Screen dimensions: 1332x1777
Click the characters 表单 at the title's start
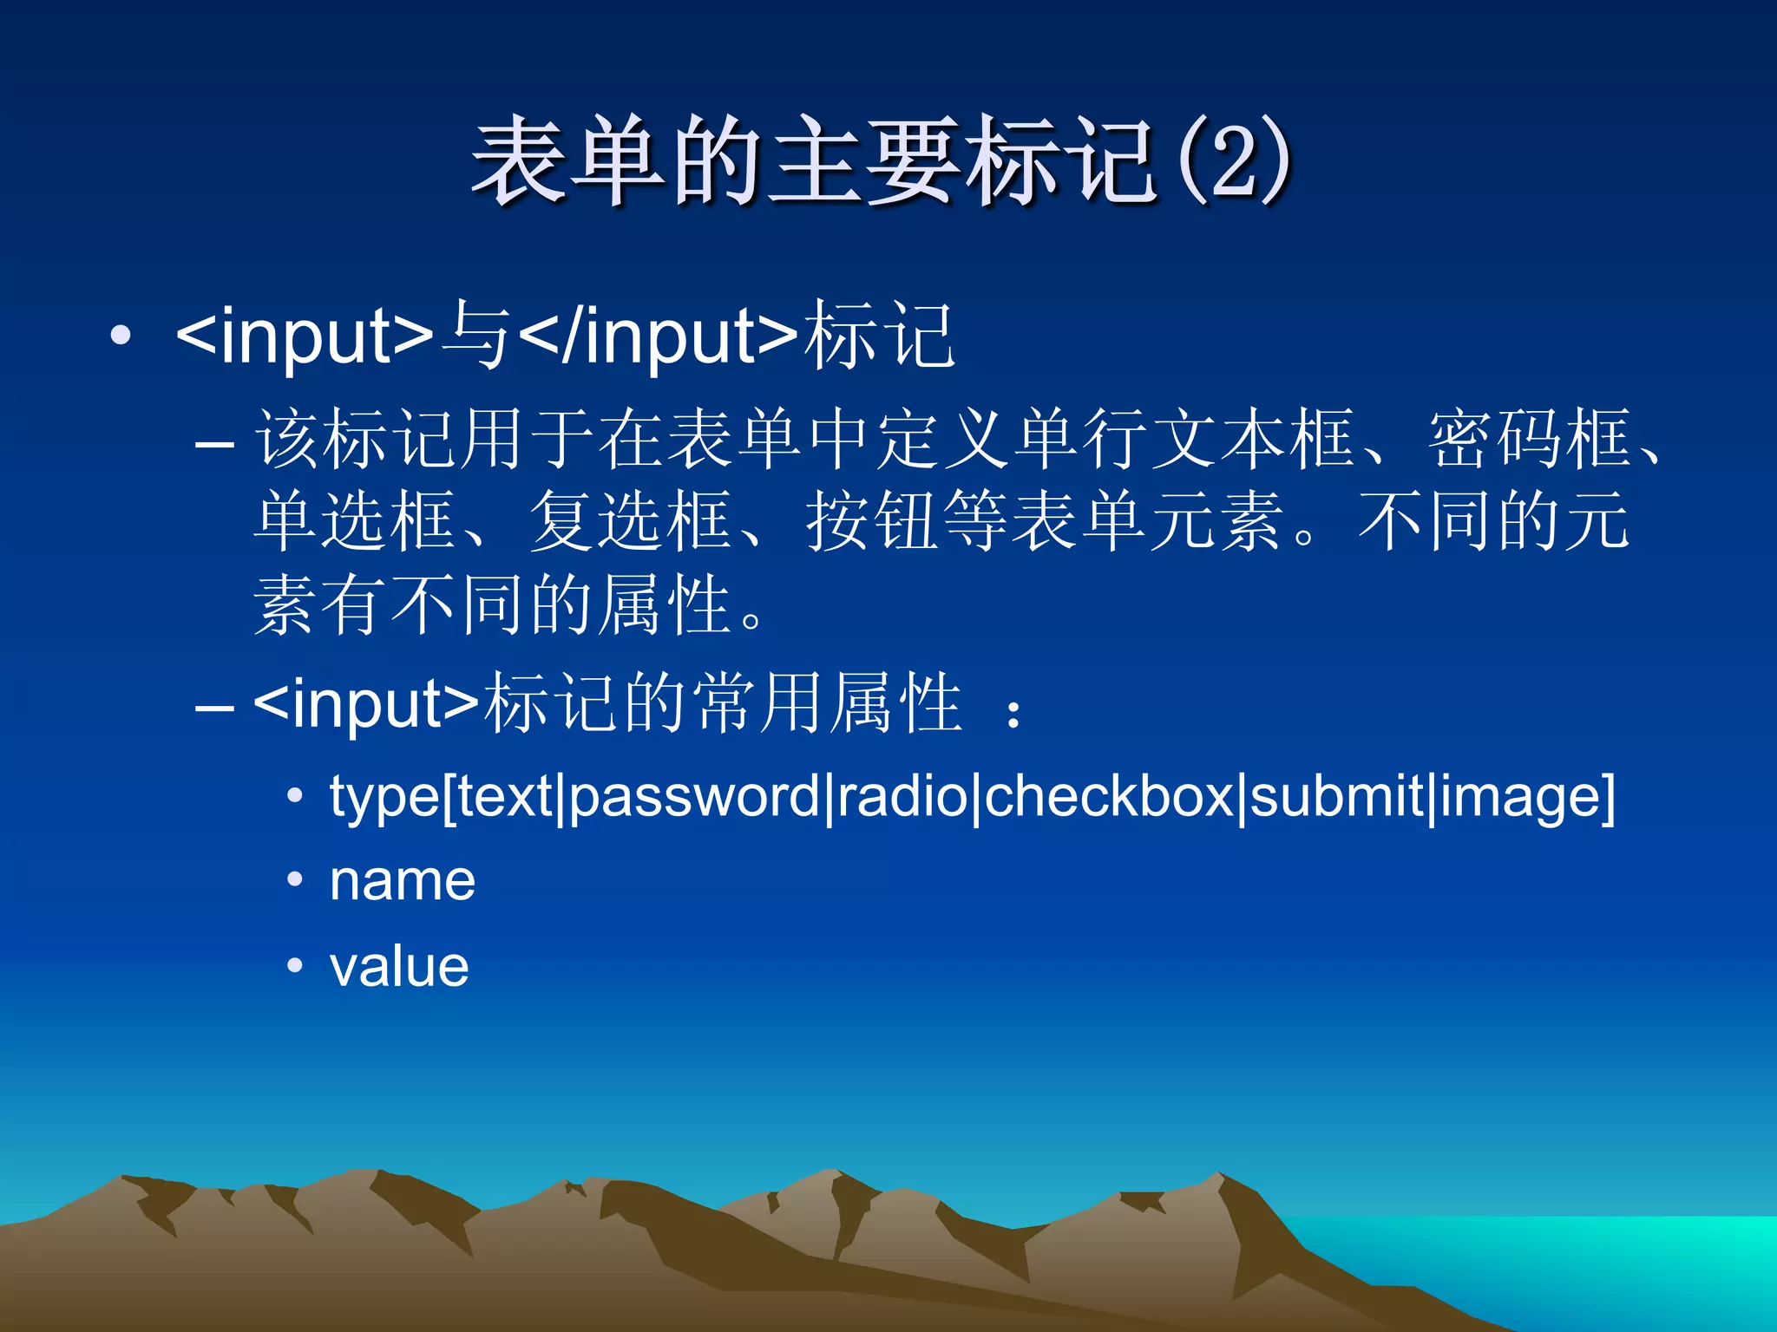click(x=570, y=162)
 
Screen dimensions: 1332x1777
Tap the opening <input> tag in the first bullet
click(x=304, y=336)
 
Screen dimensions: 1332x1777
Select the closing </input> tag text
click(x=658, y=336)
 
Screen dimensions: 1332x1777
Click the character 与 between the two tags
click(x=475, y=336)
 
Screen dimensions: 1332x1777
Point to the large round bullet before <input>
click(x=121, y=336)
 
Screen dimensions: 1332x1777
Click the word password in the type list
click(x=694, y=795)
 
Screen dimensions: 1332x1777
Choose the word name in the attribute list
click(x=403, y=881)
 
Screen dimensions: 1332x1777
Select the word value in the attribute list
click(x=399, y=966)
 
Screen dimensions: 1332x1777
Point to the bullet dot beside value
click(x=295, y=965)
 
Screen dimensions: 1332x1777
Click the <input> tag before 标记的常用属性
click(x=365, y=703)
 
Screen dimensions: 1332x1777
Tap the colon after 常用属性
click(x=1013, y=714)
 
